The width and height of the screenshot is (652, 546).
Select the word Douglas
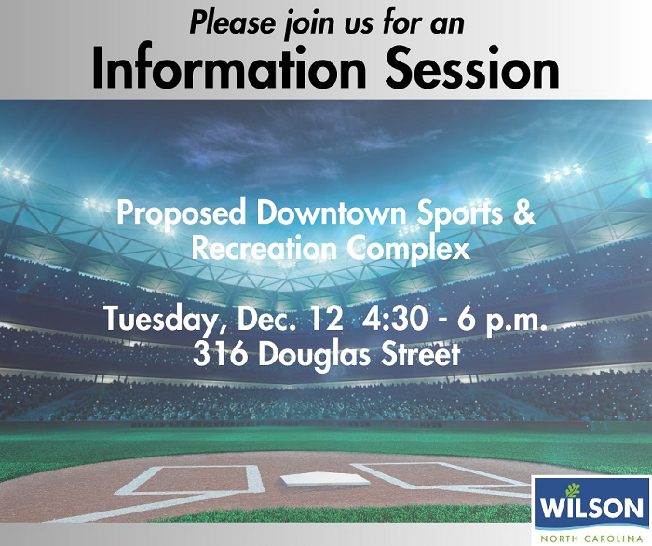point(312,355)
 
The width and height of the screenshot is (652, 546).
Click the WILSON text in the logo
point(592,509)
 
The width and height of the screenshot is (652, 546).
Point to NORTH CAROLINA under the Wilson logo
point(592,537)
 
